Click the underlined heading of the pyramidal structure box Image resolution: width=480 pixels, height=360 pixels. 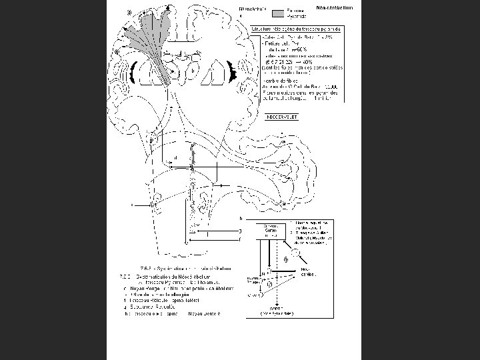(x=296, y=29)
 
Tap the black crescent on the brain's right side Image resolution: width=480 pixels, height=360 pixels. (x=233, y=72)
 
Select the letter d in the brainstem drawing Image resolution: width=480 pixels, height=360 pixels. (x=175, y=158)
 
